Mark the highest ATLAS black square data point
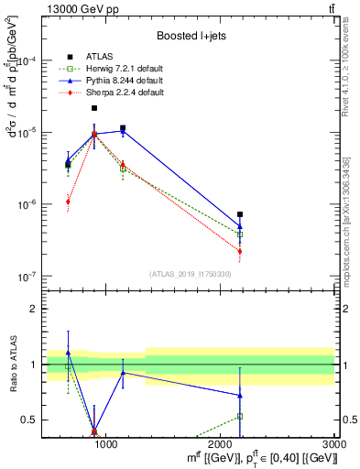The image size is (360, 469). [94, 108]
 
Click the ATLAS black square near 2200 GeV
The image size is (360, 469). [240, 214]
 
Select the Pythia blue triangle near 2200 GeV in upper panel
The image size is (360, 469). [240, 225]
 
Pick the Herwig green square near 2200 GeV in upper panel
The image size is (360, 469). [240, 234]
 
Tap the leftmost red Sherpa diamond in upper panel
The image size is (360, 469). [68, 202]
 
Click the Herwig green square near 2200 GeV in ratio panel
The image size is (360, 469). [240, 416]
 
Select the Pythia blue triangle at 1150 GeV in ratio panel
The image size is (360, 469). [123, 373]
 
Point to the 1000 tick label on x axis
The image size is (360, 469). [106, 443]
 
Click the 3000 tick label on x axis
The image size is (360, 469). [334, 443]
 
